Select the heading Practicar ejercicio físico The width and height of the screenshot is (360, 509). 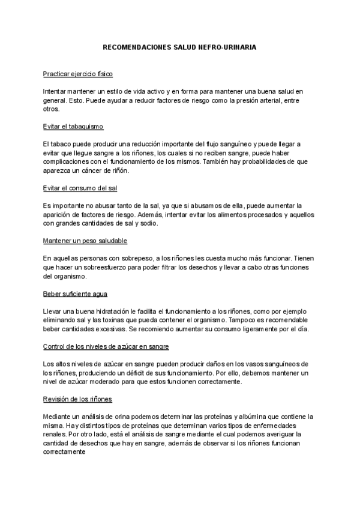click(78, 74)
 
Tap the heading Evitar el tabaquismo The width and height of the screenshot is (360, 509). click(73, 127)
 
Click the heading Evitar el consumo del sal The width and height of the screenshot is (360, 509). click(80, 188)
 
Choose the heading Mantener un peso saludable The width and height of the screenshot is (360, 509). click(85, 241)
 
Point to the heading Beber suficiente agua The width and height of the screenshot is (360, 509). click(75, 294)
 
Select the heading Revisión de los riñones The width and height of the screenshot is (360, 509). click(77, 399)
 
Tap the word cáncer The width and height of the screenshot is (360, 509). click(101, 170)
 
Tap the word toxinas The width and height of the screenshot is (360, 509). click(128, 321)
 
